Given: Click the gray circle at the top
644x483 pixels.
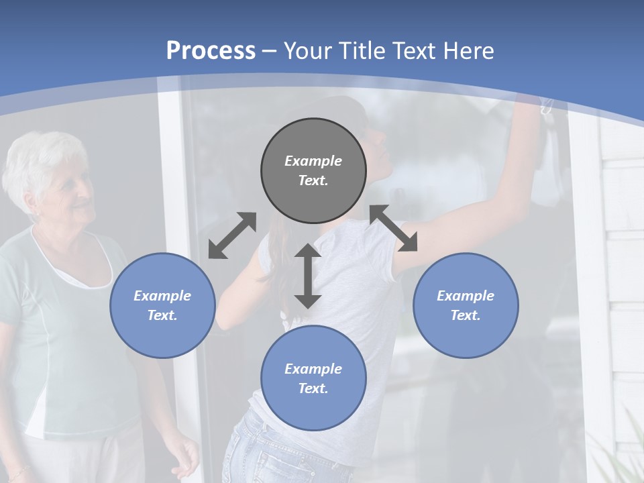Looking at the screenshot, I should click(313, 170).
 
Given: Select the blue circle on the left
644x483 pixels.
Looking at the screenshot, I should click(162, 305).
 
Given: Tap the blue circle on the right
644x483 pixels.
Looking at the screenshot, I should click(466, 305).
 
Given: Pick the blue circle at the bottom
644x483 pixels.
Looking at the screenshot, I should click(313, 378).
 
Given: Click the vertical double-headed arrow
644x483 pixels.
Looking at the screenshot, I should click(308, 276).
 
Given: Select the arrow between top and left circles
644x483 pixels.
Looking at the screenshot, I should click(232, 235).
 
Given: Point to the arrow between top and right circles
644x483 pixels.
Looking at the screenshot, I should click(394, 228).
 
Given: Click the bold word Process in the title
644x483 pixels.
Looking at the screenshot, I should click(211, 50).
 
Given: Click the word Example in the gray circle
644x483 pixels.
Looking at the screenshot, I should click(313, 161).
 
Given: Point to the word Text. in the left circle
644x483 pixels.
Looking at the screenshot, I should click(162, 315).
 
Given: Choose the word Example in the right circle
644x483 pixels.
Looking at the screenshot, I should click(466, 296).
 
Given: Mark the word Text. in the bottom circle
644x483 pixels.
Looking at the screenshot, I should click(313, 388).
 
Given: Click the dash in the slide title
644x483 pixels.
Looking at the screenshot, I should click(270, 51).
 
